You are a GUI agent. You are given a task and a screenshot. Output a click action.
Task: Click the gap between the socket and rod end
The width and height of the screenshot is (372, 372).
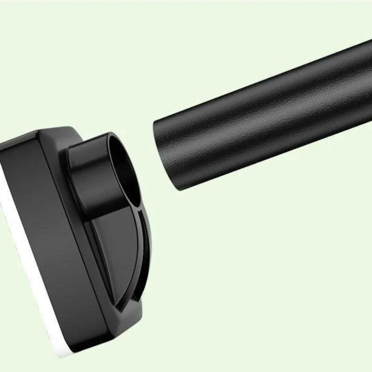tap(146, 155)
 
